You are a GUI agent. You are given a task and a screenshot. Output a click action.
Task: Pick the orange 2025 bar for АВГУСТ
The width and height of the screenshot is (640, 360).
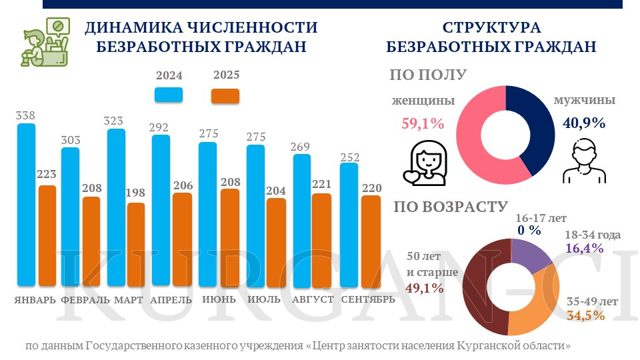(x=321, y=240)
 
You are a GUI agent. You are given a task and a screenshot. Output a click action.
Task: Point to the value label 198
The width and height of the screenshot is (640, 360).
(x=135, y=193)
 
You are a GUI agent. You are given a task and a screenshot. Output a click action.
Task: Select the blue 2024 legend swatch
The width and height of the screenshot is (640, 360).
(x=168, y=95)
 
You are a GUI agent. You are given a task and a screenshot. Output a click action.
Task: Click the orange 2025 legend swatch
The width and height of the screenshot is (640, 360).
(x=225, y=95)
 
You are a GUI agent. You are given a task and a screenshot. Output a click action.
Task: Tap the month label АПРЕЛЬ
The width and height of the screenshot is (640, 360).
(x=171, y=300)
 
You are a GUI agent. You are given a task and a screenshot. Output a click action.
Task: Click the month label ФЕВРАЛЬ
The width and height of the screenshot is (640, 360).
(x=85, y=300)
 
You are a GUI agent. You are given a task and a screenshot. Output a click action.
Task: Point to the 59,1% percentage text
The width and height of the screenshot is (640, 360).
(x=423, y=123)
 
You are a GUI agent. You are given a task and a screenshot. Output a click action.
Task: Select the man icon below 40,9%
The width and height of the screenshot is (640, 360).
(x=584, y=162)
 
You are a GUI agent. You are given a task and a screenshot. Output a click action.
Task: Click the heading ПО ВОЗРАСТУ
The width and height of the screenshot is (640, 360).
(x=451, y=207)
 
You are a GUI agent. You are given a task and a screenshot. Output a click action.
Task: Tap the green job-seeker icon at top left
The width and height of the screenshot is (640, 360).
(x=46, y=43)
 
